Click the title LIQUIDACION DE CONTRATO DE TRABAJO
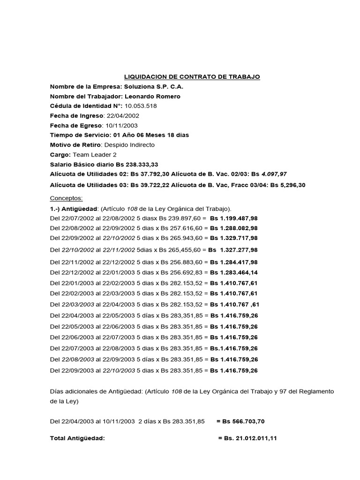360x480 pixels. click(x=191, y=76)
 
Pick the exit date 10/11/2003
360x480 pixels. click(x=121, y=125)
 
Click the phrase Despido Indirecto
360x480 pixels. click(x=129, y=145)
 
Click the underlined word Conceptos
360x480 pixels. click(x=66, y=198)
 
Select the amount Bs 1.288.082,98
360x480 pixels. click(x=233, y=228)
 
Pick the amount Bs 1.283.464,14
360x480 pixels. click(x=233, y=272)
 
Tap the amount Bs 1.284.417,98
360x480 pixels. click(x=233, y=262)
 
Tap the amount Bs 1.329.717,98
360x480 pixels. click(x=233, y=238)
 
